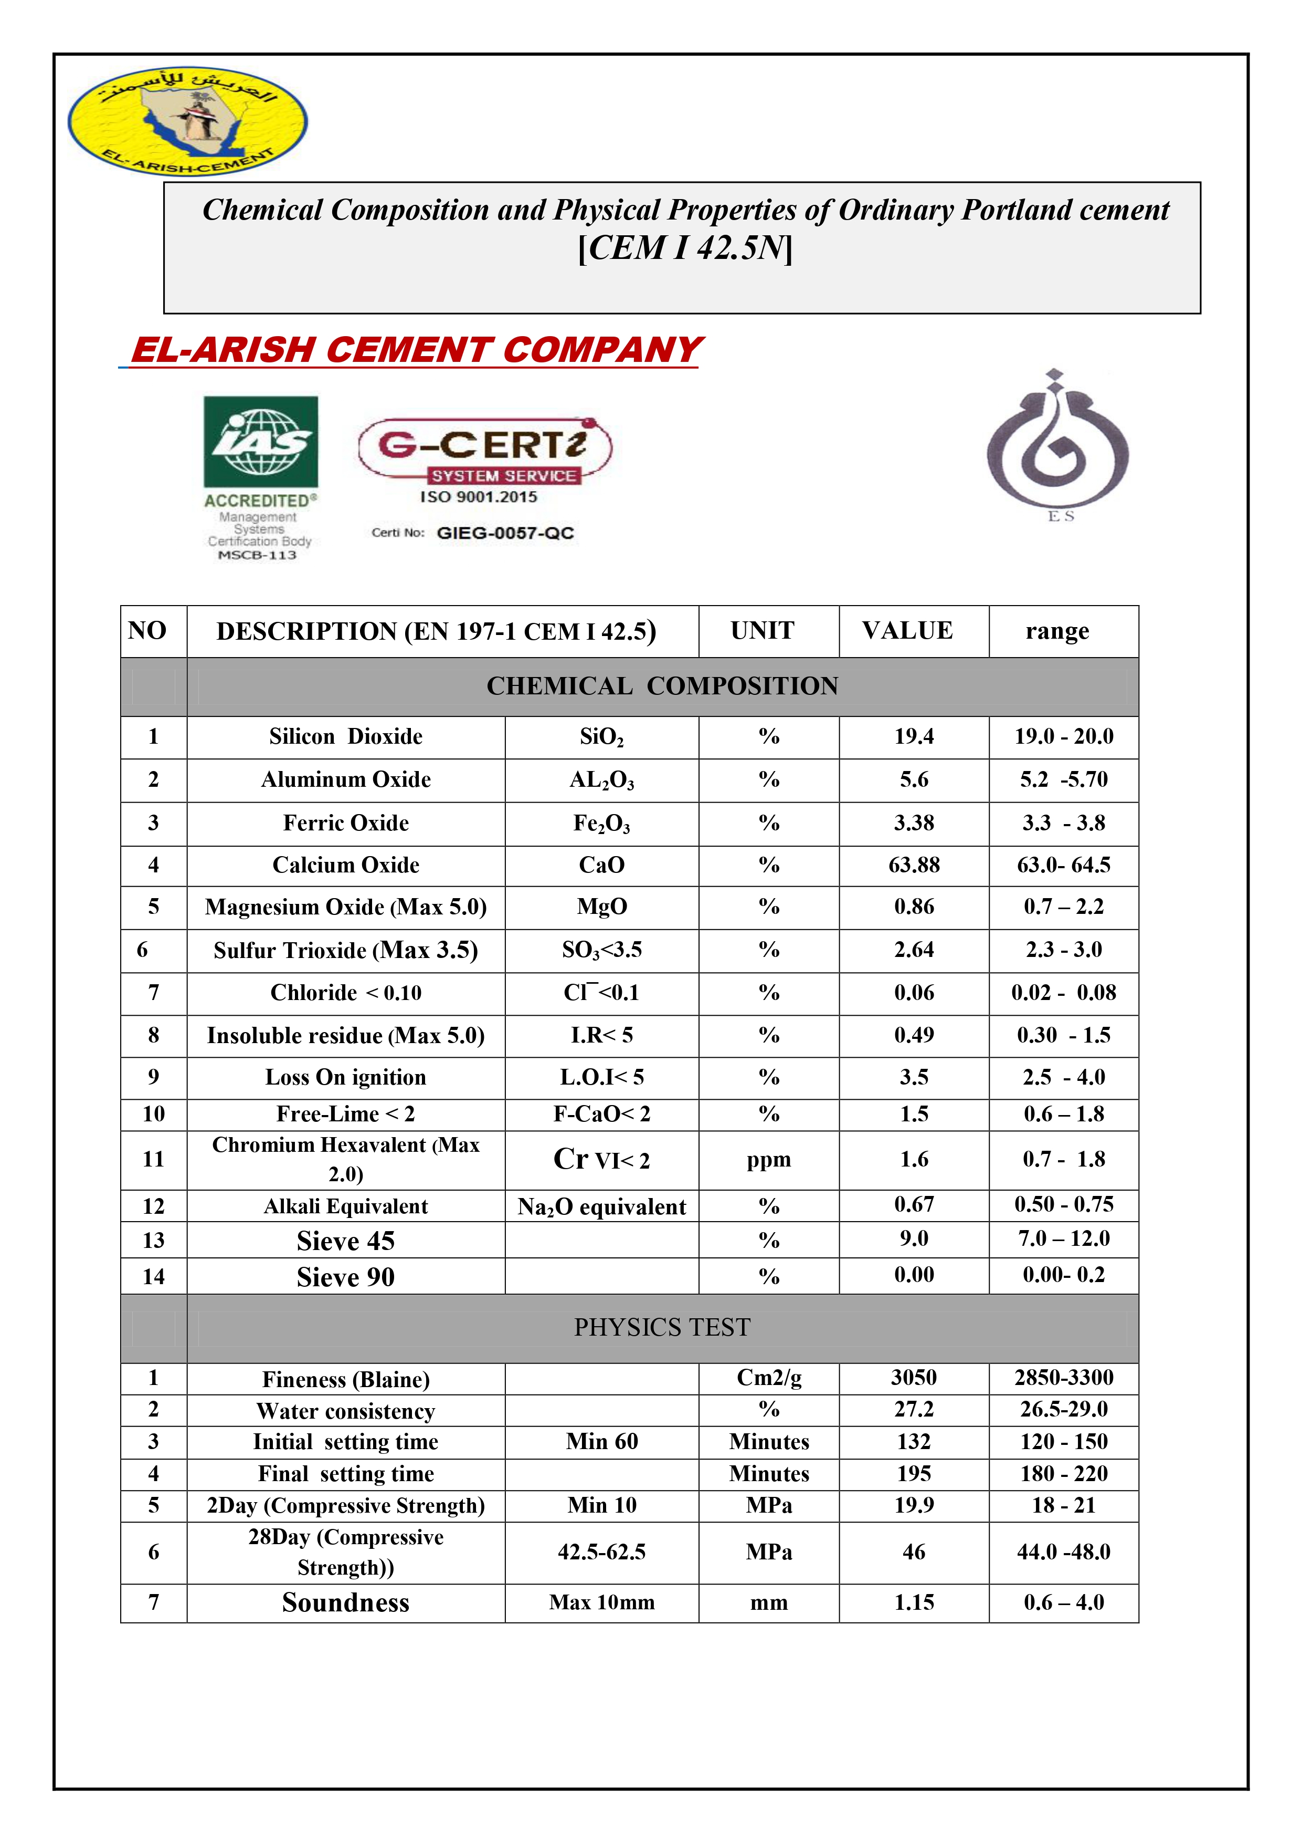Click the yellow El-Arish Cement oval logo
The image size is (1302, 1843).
pos(187,120)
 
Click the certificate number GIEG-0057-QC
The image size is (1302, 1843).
pos(505,533)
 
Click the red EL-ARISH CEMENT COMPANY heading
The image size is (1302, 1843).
pos(416,350)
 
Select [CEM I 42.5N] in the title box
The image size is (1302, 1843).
pos(684,247)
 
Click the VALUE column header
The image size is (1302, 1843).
pos(907,631)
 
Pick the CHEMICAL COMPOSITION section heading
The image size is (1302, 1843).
pos(662,686)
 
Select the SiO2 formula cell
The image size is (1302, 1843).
pos(601,737)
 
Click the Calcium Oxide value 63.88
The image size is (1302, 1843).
pos(914,866)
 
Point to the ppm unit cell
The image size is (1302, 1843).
pos(768,1160)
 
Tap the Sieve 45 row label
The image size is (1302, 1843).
pos(346,1241)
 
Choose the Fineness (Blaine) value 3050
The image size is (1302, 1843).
pos(914,1378)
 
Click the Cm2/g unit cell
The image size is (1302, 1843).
pos(768,1378)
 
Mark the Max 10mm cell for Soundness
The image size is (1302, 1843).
pos(601,1602)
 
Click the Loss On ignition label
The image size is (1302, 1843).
pos(346,1077)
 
